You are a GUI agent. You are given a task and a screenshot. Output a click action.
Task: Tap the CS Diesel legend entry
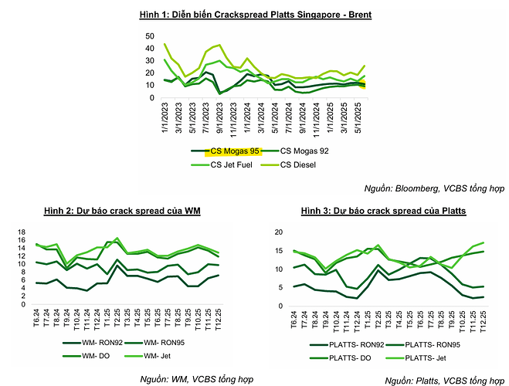pyautogui.click(x=303, y=164)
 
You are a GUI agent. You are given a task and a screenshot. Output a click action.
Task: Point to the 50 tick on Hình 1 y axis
pyautogui.click(x=151, y=36)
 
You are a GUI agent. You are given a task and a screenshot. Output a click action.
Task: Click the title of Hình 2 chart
pyautogui.click(x=117, y=212)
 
